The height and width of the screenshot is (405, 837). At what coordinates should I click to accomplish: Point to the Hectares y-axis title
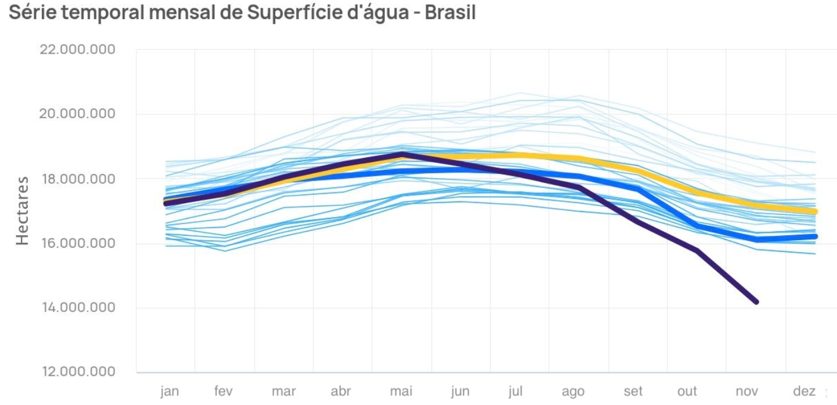point(22,210)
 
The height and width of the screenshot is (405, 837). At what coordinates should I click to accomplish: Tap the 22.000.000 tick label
point(77,49)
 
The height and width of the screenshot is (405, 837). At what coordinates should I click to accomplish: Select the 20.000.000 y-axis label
point(77,114)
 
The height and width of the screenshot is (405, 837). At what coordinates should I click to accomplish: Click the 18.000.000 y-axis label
point(77,179)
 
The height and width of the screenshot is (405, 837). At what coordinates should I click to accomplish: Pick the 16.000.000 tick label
point(77,243)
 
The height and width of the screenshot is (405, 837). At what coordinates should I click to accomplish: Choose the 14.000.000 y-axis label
point(77,307)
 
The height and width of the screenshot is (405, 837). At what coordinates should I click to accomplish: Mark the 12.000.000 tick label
point(77,372)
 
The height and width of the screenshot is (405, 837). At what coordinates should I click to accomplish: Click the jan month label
point(170,391)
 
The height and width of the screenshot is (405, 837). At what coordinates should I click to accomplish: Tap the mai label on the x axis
point(401,391)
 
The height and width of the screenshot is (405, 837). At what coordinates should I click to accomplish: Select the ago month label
point(572,391)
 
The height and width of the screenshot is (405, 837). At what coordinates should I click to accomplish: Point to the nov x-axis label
point(746,391)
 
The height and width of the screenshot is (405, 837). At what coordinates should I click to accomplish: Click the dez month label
point(804,391)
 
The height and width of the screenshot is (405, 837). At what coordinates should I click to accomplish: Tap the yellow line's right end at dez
point(814,211)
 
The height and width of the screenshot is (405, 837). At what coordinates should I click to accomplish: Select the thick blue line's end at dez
point(814,236)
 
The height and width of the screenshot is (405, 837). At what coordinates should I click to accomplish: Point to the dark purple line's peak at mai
point(403,154)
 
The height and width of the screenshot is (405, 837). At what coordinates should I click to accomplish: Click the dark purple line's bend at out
point(696,251)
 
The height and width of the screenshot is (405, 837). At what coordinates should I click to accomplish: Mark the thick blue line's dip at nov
point(757,239)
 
